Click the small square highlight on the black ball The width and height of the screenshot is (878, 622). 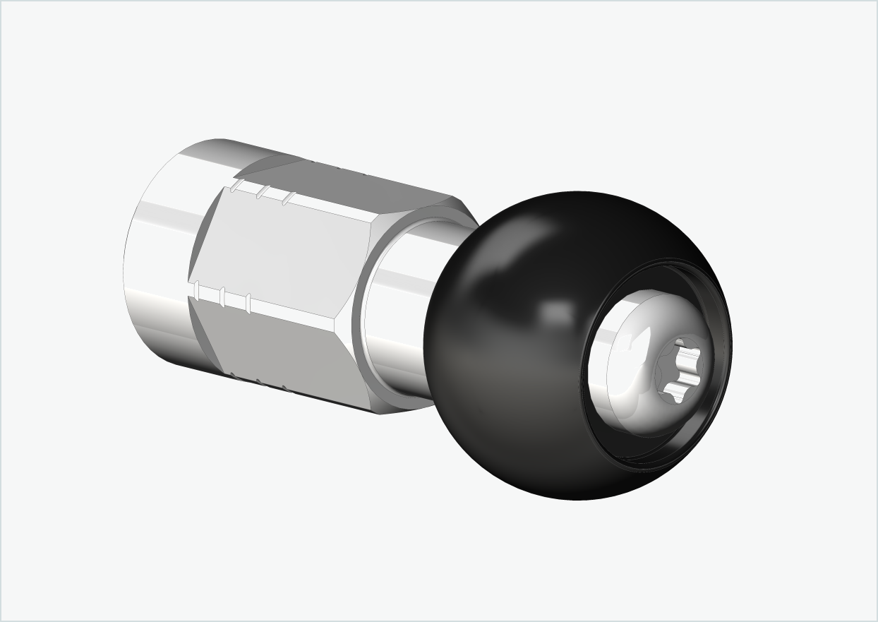(558, 310)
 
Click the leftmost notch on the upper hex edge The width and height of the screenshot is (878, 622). (238, 186)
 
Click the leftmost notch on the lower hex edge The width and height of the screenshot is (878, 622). (198, 290)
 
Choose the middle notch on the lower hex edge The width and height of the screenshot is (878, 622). (222, 296)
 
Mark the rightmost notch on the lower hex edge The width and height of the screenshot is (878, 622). (248, 302)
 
